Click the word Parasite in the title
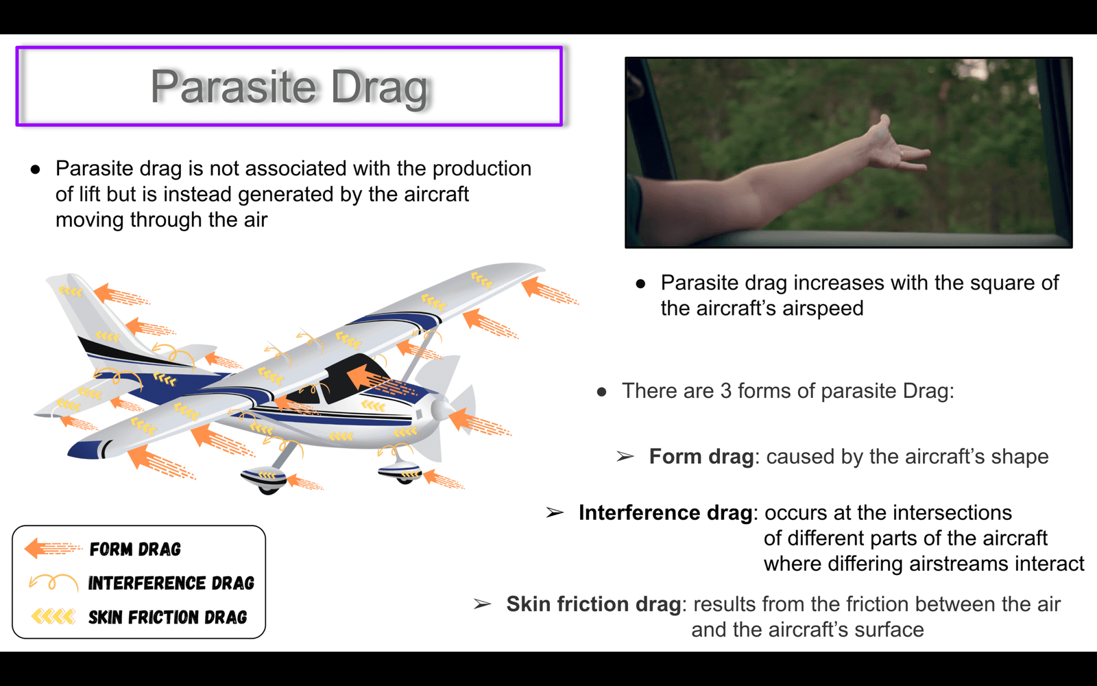pos(233,86)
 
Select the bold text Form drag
pos(701,456)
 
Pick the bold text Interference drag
pos(666,512)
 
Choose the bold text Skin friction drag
pos(594,604)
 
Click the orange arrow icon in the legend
pos(53,548)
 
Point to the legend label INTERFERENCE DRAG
pos(171,583)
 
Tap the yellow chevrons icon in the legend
pos(53,616)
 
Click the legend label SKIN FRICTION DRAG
pos(167,617)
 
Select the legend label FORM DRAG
pos(135,549)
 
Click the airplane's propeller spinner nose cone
pos(442,410)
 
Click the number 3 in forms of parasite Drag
pos(726,391)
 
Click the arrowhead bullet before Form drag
pos(625,457)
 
